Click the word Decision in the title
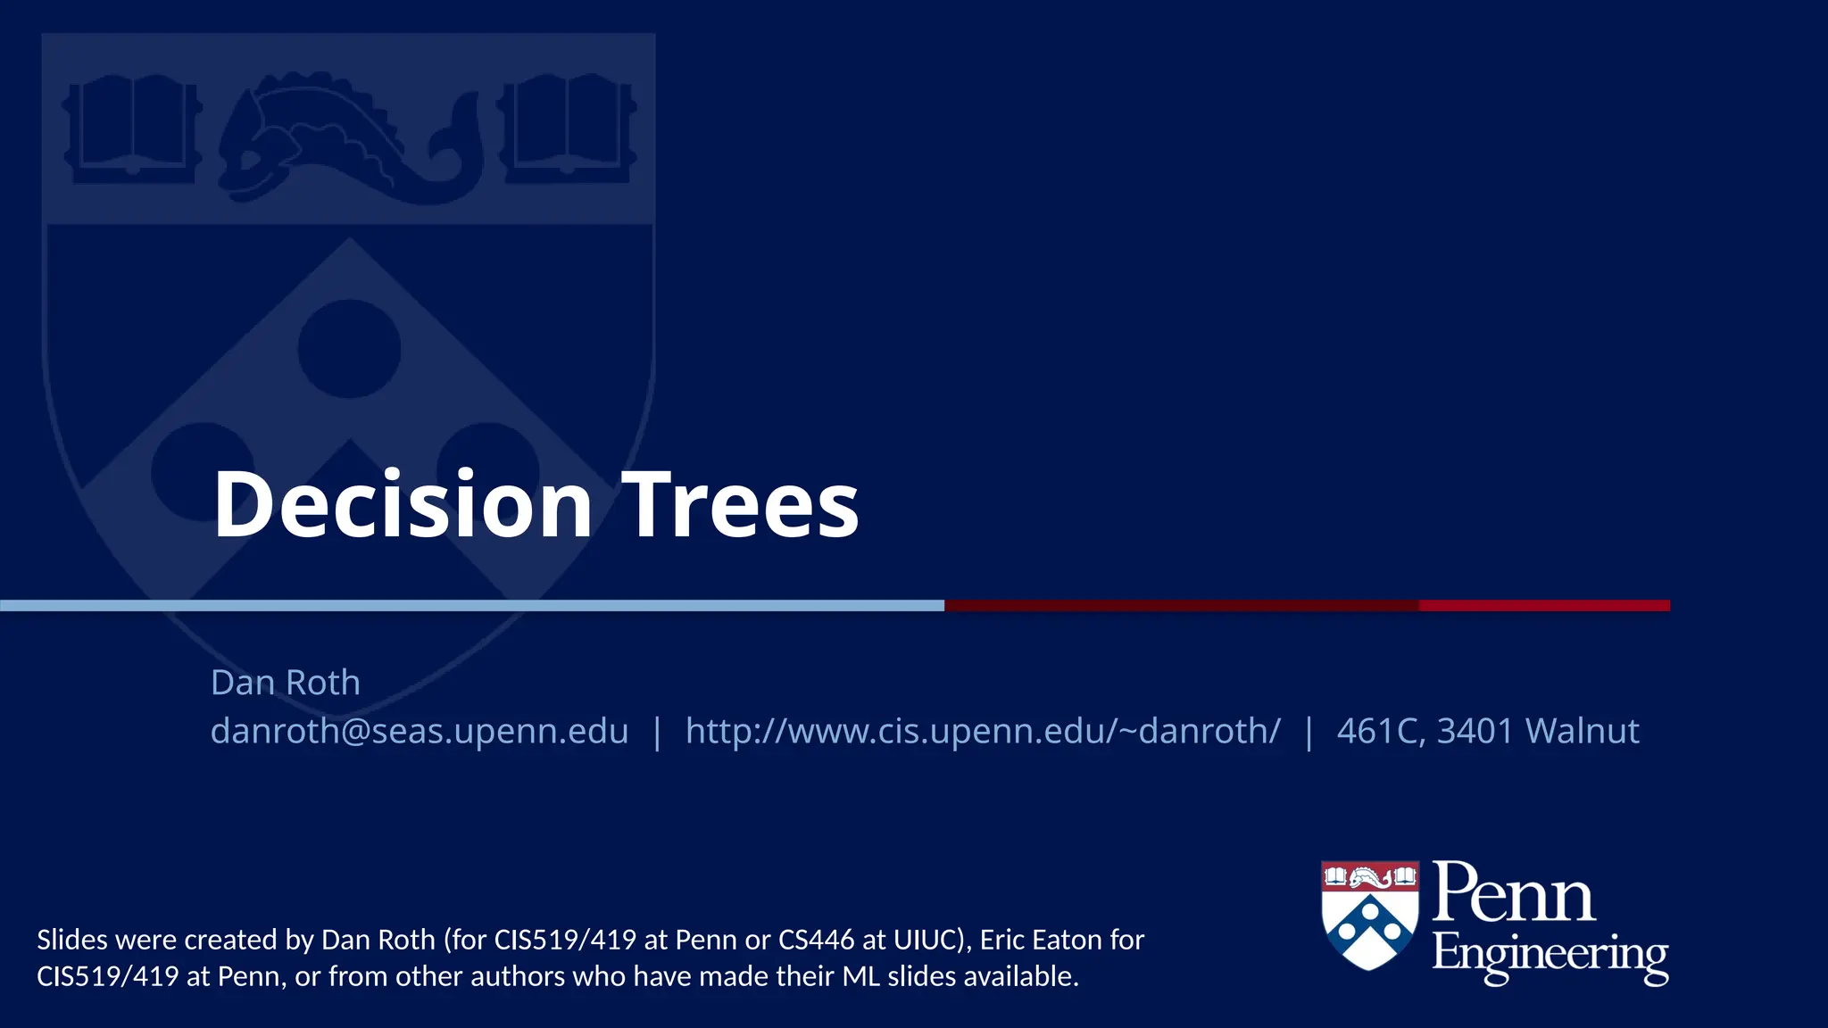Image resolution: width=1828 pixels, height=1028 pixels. [403, 505]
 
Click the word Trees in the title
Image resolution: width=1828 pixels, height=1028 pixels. [740, 505]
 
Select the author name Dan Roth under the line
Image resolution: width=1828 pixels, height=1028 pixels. [286, 683]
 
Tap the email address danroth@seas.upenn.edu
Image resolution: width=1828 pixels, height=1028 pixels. [420, 731]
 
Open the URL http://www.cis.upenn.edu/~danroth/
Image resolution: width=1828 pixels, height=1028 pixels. [983, 731]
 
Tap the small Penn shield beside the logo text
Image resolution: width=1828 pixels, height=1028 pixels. [1369, 915]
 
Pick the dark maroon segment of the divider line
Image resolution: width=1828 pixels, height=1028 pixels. [1181, 606]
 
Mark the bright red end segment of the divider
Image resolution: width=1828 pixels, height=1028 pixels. [1544, 606]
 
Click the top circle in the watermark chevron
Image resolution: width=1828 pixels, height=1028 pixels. [349, 349]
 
